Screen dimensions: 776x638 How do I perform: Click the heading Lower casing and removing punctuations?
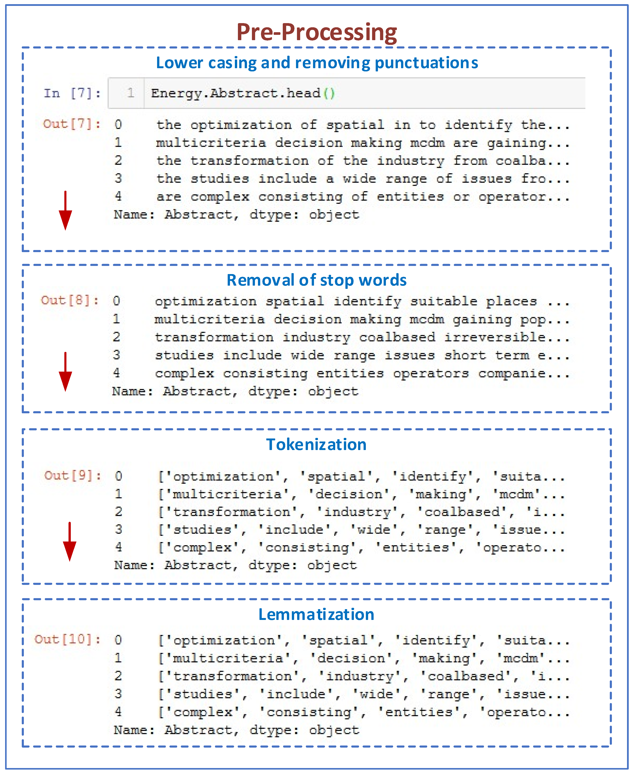(x=317, y=63)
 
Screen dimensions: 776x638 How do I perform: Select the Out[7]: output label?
(x=72, y=124)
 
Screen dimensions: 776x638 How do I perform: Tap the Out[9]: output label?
(x=72, y=476)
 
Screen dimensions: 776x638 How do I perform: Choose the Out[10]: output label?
(x=68, y=639)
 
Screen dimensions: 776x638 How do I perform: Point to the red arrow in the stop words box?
(x=65, y=371)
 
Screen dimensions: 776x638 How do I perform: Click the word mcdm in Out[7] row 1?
(x=427, y=143)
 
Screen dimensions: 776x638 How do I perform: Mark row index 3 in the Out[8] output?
(x=117, y=355)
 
